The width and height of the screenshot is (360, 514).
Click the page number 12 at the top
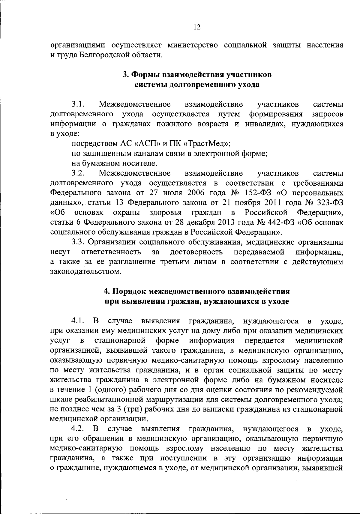tap(196, 27)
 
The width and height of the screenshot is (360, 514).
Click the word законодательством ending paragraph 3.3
tap(86, 272)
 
